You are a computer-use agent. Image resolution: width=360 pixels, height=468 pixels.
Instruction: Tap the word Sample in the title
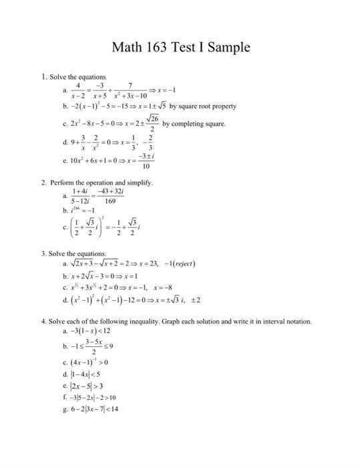point(227,47)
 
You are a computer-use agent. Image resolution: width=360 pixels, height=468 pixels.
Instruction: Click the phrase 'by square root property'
point(203,106)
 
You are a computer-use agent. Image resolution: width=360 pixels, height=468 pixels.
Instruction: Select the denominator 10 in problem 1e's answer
point(146,166)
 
